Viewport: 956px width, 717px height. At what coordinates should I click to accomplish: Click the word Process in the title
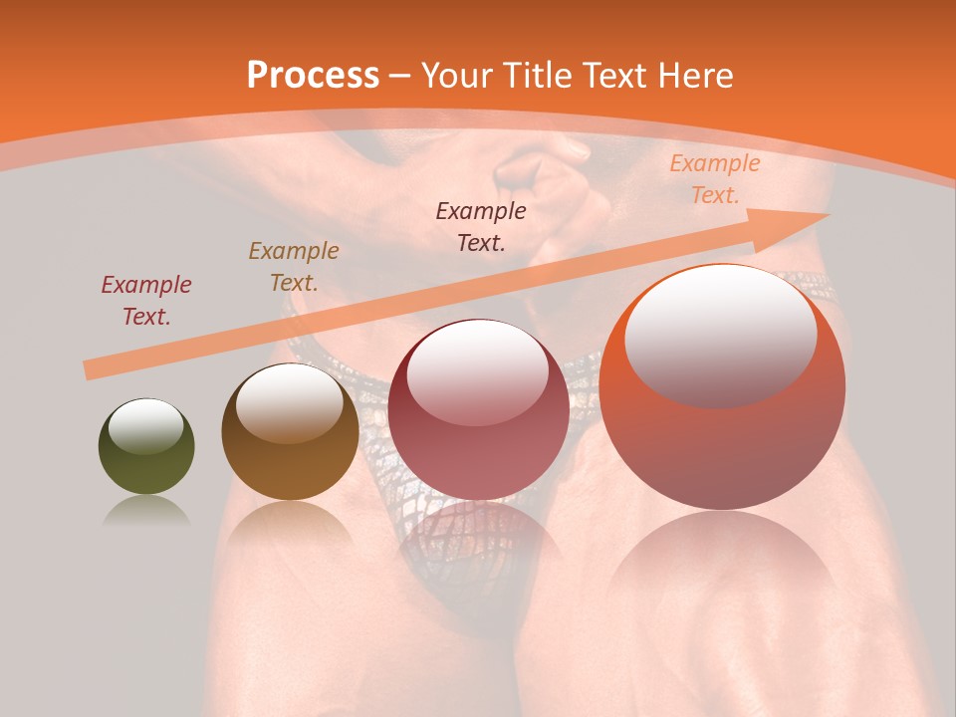[313, 76]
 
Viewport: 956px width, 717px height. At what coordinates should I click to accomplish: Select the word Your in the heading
[458, 76]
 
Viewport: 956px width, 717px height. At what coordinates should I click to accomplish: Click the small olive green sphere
[146, 446]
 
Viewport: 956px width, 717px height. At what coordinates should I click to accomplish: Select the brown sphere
[290, 431]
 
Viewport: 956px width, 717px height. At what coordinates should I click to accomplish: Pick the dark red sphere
[478, 409]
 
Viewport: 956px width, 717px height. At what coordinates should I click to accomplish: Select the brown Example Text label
[294, 267]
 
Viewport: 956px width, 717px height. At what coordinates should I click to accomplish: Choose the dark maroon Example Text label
[481, 226]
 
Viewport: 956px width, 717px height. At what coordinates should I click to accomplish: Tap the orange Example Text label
[714, 179]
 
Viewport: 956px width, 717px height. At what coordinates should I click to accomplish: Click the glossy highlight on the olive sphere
[146, 426]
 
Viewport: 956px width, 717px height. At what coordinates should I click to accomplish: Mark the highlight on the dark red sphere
[478, 371]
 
